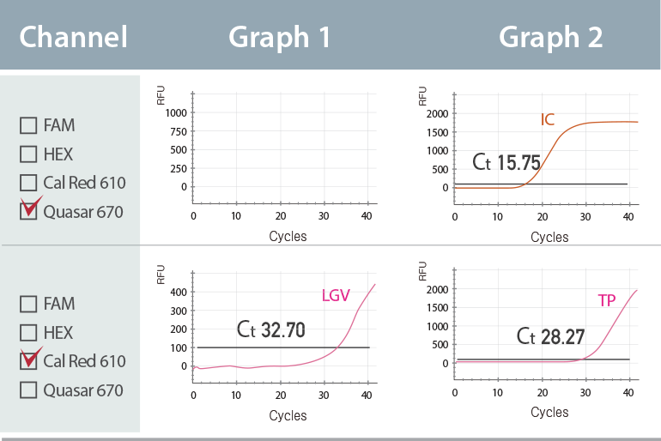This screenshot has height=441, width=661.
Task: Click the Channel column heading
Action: pyautogui.click(x=73, y=37)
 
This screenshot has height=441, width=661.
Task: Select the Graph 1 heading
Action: pyautogui.click(x=279, y=37)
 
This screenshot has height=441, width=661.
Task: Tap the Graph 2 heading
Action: pyautogui.click(x=550, y=37)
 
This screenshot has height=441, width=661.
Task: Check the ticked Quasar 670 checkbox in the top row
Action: pyautogui.click(x=28, y=211)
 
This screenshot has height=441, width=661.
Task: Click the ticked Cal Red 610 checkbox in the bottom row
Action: pyautogui.click(x=28, y=360)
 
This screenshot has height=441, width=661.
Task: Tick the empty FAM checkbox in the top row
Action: pyautogui.click(x=28, y=125)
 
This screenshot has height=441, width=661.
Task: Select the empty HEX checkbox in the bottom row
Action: pyautogui.click(x=28, y=333)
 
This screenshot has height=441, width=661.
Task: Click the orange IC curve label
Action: pyautogui.click(x=548, y=119)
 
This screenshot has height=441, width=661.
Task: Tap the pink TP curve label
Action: pyautogui.click(x=607, y=300)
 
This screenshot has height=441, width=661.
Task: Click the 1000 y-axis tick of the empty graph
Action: pyautogui.click(x=174, y=112)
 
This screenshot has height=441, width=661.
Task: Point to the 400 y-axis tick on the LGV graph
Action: pyautogui.click(x=177, y=293)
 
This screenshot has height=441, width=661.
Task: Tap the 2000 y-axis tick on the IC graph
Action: pyautogui.click(x=437, y=113)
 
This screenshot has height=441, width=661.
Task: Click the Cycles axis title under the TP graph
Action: pyautogui.click(x=549, y=412)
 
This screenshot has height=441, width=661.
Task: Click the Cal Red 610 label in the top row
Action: pyautogui.click(x=84, y=183)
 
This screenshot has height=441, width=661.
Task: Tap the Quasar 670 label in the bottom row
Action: pyautogui.click(x=83, y=390)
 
